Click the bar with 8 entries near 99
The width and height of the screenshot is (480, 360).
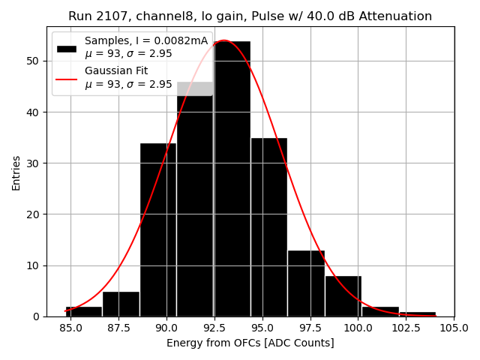click(343, 296)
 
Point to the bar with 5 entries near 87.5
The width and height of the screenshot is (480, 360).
click(121, 304)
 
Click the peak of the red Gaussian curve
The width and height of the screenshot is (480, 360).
click(224, 40)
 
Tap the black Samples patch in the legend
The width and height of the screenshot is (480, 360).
click(67, 47)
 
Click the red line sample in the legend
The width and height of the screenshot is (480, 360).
click(67, 77)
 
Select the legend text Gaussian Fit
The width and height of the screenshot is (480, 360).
click(116, 70)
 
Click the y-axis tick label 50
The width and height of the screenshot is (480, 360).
click(36, 61)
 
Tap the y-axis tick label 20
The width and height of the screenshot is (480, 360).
click(36, 214)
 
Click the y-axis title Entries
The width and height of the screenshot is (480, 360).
click(16, 172)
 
